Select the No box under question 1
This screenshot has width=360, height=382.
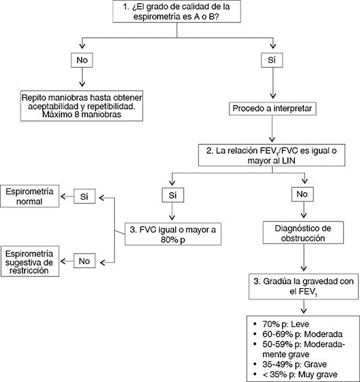coord(82,60)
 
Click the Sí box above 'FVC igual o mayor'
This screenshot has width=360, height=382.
coord(171,195)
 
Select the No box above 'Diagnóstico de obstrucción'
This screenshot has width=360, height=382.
coord(303,195)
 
